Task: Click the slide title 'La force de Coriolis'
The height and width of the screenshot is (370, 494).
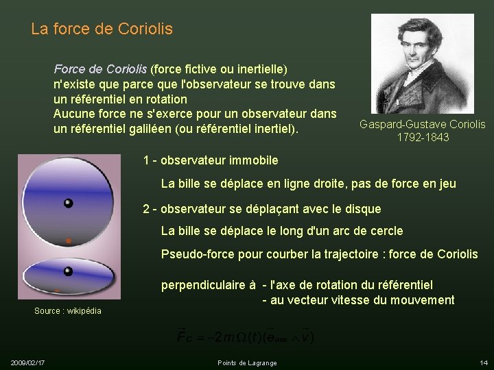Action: pyautogui.click(x=102, y=29)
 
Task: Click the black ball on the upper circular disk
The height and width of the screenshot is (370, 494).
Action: pyautogui.click(x=68, y=203)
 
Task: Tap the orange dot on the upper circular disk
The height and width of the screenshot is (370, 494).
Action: pyautogui.click(x=68, y=241)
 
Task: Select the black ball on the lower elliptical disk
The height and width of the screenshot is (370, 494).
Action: pyautogui.click(x=68, y=271)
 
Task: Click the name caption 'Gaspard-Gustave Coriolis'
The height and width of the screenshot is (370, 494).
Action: pyautogui.click(x=423, y=124)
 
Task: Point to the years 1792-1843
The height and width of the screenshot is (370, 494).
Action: pyautogui.click(x=423, y=137)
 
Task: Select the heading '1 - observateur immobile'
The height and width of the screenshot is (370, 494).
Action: pyautogui.click(x=211, y=160)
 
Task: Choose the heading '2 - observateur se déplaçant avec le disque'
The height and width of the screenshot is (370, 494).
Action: pyautogui.click(x=261, y=208)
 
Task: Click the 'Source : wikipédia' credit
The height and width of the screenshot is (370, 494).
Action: pyautogui.click(x=68, y=311)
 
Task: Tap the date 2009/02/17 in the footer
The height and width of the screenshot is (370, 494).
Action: pyautogui.click(x=28, y=362)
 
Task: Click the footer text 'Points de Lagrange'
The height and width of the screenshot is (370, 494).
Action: pyautogui.click(x=247, y=362)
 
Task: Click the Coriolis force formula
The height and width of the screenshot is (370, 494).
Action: pyautogui.click(x=246, y=335)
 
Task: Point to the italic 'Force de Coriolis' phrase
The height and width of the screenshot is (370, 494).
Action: pyautogui.click(x=100, y=69)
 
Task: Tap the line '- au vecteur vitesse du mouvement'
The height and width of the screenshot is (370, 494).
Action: pyautogui.click(x=358, y=299)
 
